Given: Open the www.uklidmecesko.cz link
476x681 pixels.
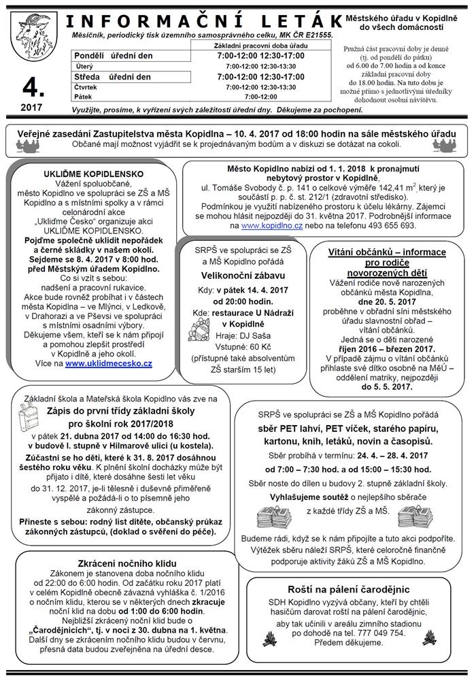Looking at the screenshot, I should [x=109, y=364].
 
